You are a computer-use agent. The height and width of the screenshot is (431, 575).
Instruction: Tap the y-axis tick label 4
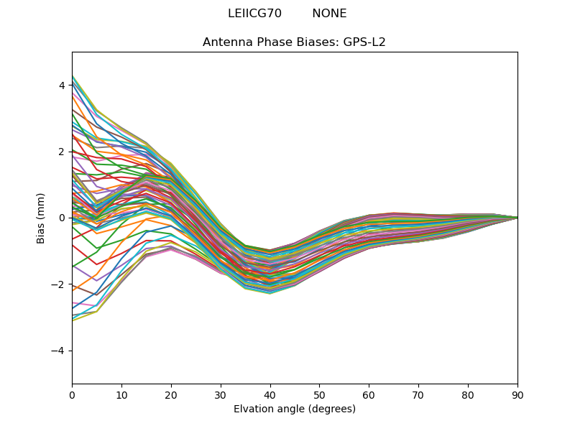tap(61, 85)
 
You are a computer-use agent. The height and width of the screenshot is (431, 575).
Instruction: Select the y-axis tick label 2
tap(61, 152)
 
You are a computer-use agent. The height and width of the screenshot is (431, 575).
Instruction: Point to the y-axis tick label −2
tap(58, 284)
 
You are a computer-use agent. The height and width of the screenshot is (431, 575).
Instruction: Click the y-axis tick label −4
tap(58, 351)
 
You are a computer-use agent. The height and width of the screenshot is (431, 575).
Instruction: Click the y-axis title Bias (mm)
tap(41, 218)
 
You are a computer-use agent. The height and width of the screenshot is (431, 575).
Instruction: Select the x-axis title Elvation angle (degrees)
tap(295, 409)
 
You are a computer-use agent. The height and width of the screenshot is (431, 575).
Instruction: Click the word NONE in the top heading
tap(329, 14)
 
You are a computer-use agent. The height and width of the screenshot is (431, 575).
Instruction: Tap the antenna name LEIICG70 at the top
tap(254, 14)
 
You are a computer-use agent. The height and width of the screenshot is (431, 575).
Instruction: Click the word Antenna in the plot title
tap(226, 42)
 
